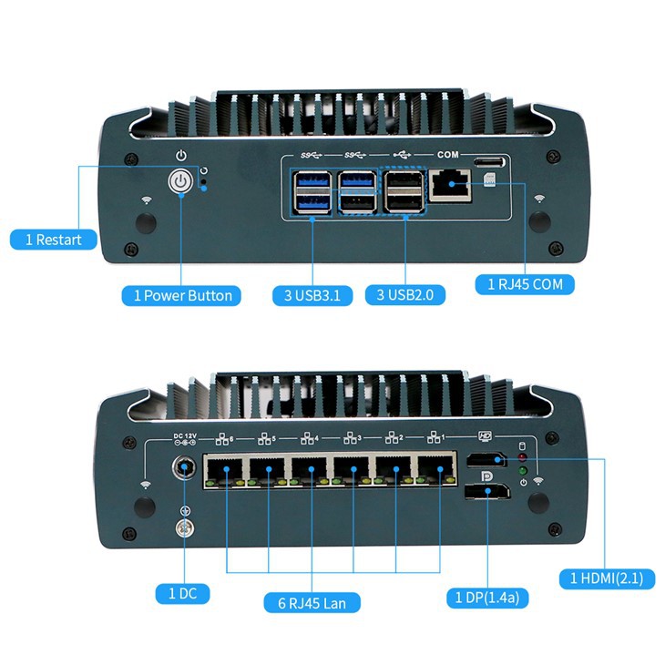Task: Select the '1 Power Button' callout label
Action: point(182,295)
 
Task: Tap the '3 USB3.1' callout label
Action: point(312,295)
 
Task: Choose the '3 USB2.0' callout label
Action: point(404,295)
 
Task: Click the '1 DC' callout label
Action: point(182,594)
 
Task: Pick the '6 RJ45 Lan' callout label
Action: point(312,602)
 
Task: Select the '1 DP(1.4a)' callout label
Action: point(487,598)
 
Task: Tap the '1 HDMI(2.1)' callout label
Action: point(606,578)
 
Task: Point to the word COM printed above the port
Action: point(448,156)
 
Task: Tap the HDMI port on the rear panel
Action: point(487,461)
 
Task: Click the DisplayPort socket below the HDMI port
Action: point(487,493)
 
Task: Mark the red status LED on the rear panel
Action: point(523,456)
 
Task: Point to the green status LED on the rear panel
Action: point(523,471)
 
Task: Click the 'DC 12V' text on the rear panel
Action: point(186,435)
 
